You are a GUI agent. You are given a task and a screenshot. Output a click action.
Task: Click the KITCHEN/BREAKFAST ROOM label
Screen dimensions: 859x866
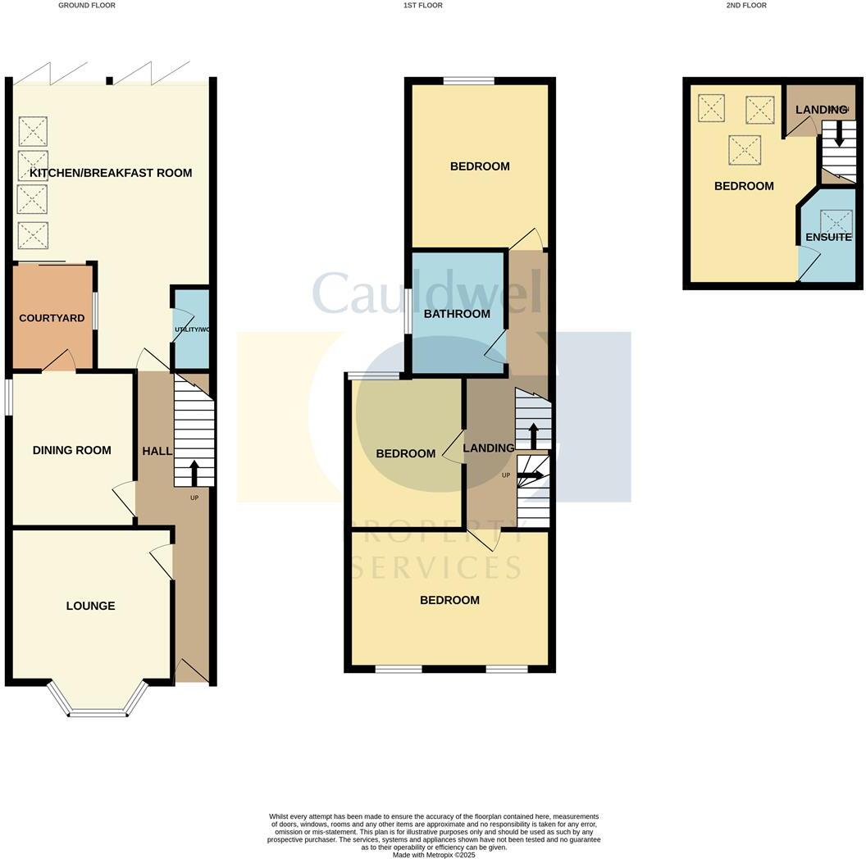click(111, 173)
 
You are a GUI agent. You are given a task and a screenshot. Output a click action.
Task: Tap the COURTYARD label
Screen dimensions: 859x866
click(52, 318)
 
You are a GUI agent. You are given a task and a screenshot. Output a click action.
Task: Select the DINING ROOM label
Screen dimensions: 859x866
click(72, 450)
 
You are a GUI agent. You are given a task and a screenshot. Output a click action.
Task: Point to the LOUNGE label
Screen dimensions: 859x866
click(90, 606)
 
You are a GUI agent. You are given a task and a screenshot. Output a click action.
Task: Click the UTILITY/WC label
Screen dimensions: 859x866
click(192, 330)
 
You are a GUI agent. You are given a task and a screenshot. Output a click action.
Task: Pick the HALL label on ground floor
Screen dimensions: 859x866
click(157, 451)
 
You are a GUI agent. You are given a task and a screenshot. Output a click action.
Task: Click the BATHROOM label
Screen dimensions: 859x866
click(457, 314)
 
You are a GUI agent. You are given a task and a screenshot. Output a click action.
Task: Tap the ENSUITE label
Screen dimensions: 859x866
click(828, 237)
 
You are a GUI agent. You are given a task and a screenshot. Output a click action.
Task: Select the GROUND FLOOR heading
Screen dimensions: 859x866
click(87, 6)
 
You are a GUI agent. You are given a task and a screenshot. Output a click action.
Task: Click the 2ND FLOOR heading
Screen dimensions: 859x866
click(746, 6)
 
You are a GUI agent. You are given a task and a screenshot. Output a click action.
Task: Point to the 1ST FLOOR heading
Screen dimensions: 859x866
click(422, 6)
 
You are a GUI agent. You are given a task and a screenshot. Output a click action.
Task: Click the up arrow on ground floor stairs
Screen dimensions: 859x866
click(194, 472)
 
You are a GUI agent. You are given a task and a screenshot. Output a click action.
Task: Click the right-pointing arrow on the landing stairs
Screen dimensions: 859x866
click(531, 475)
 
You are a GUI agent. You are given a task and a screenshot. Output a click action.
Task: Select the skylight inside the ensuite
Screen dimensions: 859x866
click(836, 222)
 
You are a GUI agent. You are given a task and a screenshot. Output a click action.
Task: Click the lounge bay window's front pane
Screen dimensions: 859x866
click(98, 714)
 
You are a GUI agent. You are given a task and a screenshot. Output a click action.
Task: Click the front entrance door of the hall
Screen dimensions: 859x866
click(191, 672)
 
